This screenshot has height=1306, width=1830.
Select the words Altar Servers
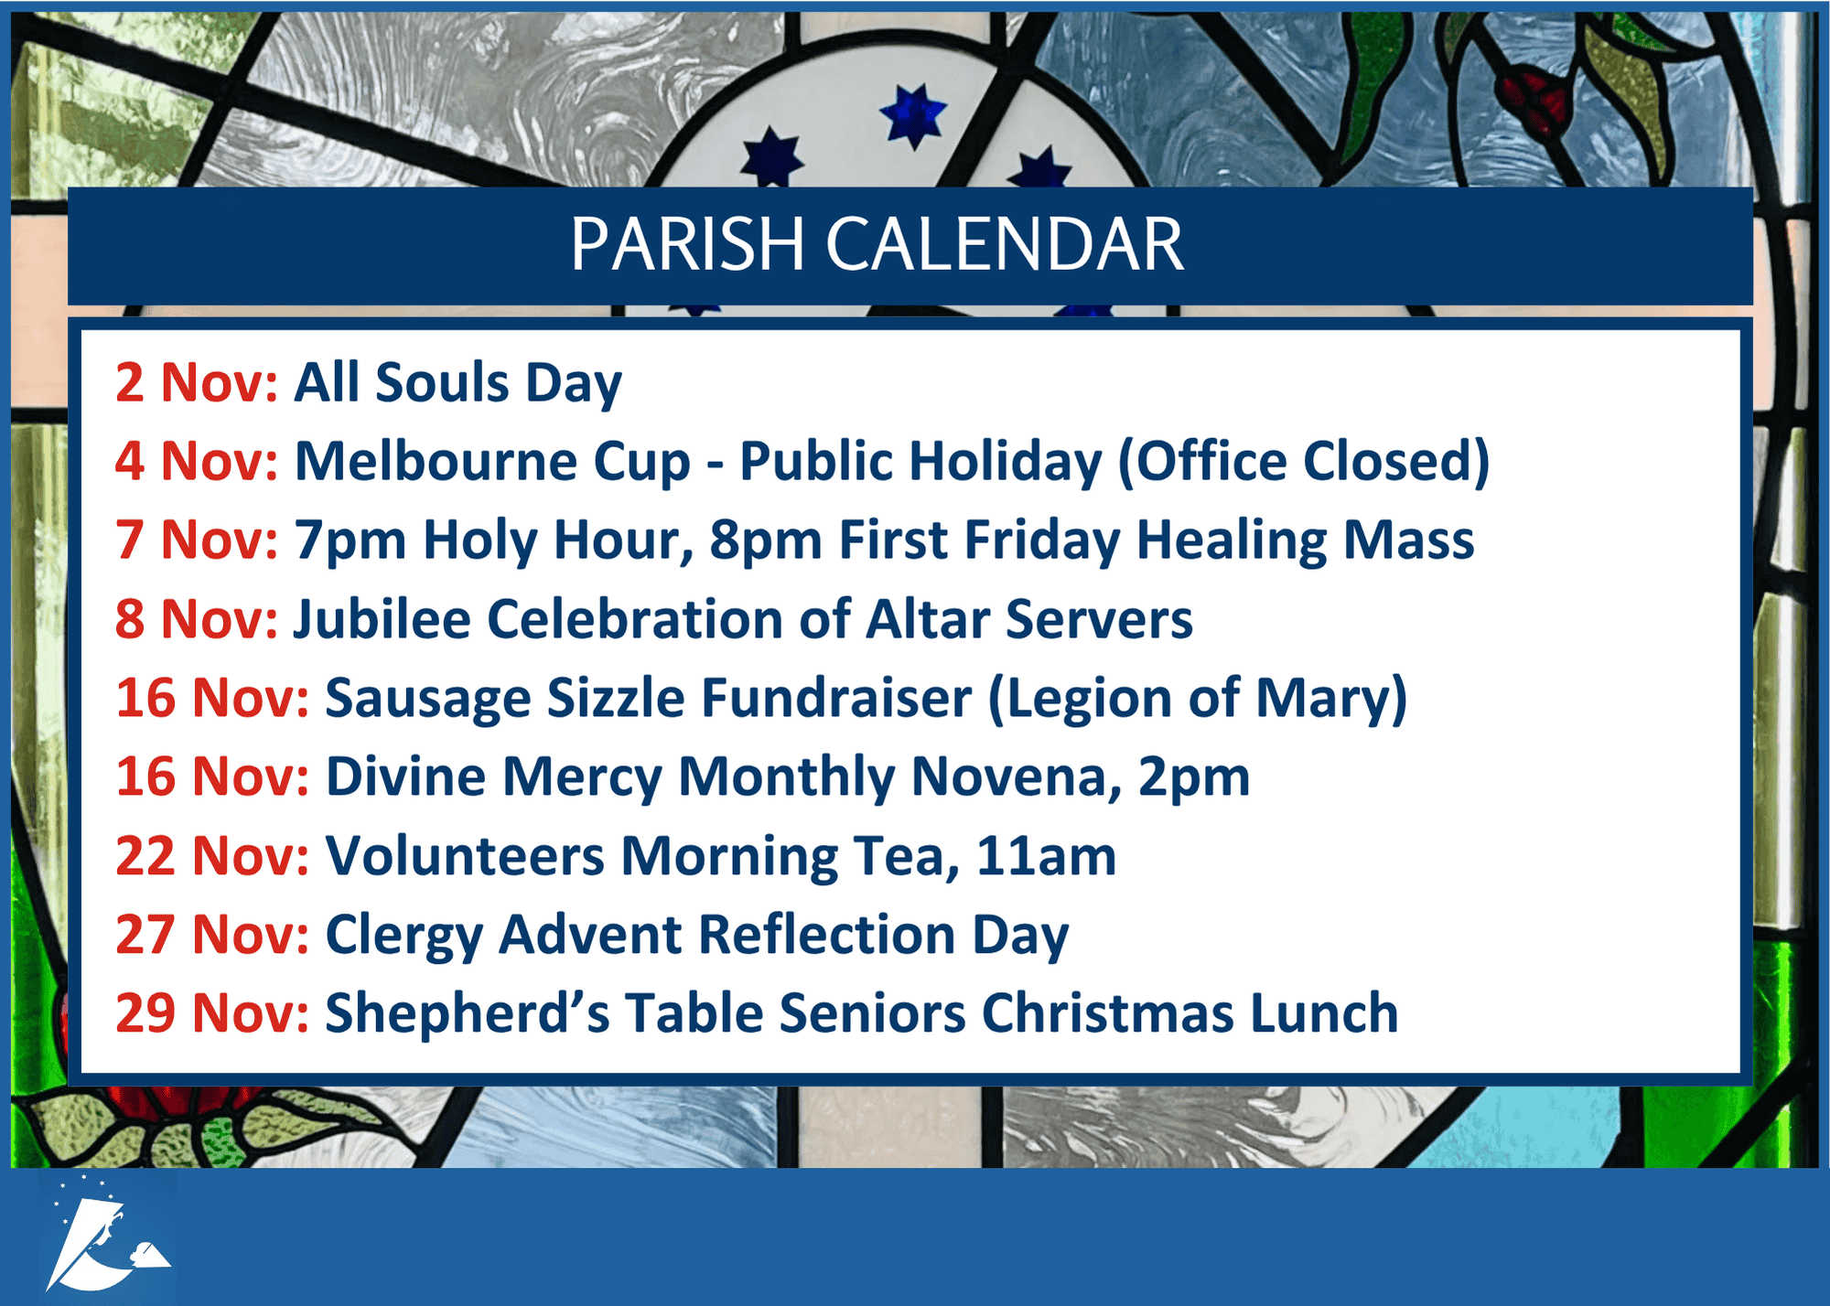(x=1029, y=619)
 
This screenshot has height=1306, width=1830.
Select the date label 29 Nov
(x=212, y=1014)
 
